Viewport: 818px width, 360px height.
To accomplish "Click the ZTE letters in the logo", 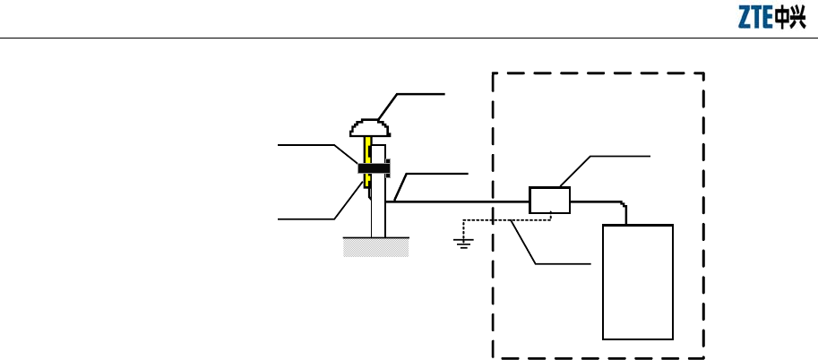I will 756,19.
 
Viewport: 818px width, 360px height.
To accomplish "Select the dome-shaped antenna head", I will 368,128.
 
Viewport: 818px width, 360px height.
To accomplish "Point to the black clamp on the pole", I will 375,167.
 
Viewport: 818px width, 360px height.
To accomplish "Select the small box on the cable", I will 549,200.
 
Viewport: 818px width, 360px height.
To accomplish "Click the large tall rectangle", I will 638,282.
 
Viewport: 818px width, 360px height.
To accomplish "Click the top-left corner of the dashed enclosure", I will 494,73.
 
